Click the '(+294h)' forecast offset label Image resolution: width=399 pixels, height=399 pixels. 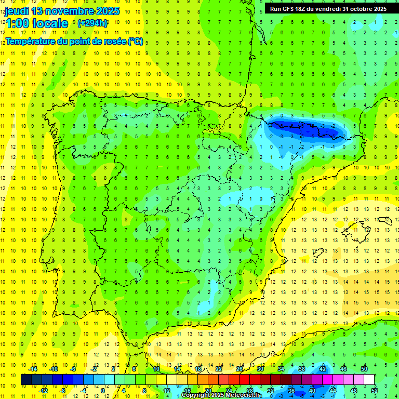[x=92, y=23]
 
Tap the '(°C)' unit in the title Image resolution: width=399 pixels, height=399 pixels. [x=135, y=42]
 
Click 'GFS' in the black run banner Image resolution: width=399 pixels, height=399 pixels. [x=290, y=9]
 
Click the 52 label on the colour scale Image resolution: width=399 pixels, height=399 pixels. [x=375, y=390]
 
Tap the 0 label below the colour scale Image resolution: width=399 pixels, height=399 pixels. [x=102, y=390]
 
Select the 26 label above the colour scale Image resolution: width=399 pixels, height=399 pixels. [x=240, y=369]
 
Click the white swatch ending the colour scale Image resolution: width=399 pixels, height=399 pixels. [x=369, y=379]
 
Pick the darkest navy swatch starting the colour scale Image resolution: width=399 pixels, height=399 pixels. [x=26, y=379]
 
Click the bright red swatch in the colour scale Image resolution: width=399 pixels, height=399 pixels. [x=244, y=379]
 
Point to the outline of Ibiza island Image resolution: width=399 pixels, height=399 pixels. [x=318, y=253]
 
